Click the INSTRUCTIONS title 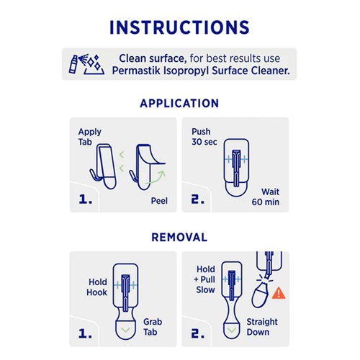click(179, 27)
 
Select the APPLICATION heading click(179, 103)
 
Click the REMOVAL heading click(179, 237)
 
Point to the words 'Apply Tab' click(90, 137)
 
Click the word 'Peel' click(158, 201)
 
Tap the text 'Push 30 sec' click(202, 137)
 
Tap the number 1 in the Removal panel click(86, 334)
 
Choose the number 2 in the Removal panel click(199, 334)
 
